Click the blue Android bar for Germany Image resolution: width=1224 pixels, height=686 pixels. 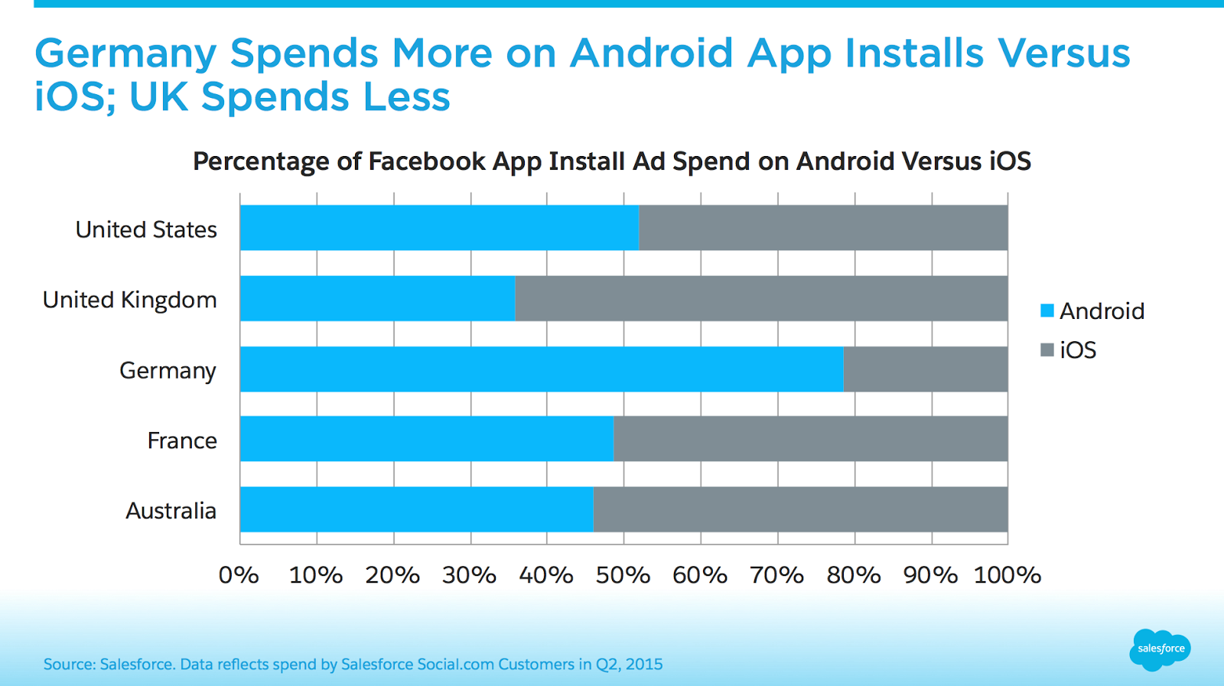tap(542, 369)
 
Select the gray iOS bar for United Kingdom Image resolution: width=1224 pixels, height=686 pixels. tap(761, 298)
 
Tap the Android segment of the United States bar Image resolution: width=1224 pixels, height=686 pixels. tap(439, 228)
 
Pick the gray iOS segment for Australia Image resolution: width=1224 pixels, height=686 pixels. tap(800, 509)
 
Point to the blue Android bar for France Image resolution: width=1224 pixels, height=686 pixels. tap(427, 439)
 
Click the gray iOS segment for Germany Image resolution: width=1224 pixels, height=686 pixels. tap(926, 369)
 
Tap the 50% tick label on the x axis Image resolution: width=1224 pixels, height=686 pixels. tap(623, 575)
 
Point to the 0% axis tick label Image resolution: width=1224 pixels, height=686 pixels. tap(239, 575)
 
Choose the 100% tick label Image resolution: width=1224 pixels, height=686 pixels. tap(1007, 575)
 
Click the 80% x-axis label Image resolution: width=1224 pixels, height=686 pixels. tap(854, 575)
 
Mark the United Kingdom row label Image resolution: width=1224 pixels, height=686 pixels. tap(130, 300)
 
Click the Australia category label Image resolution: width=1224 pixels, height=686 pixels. tap(171, 511)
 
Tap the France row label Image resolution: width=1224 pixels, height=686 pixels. tap(182, 441)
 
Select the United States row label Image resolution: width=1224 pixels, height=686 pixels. tap(146, 229)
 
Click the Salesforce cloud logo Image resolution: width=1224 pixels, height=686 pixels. tap(1161, 649)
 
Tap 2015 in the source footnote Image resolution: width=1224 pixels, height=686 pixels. tap(643, 664)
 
